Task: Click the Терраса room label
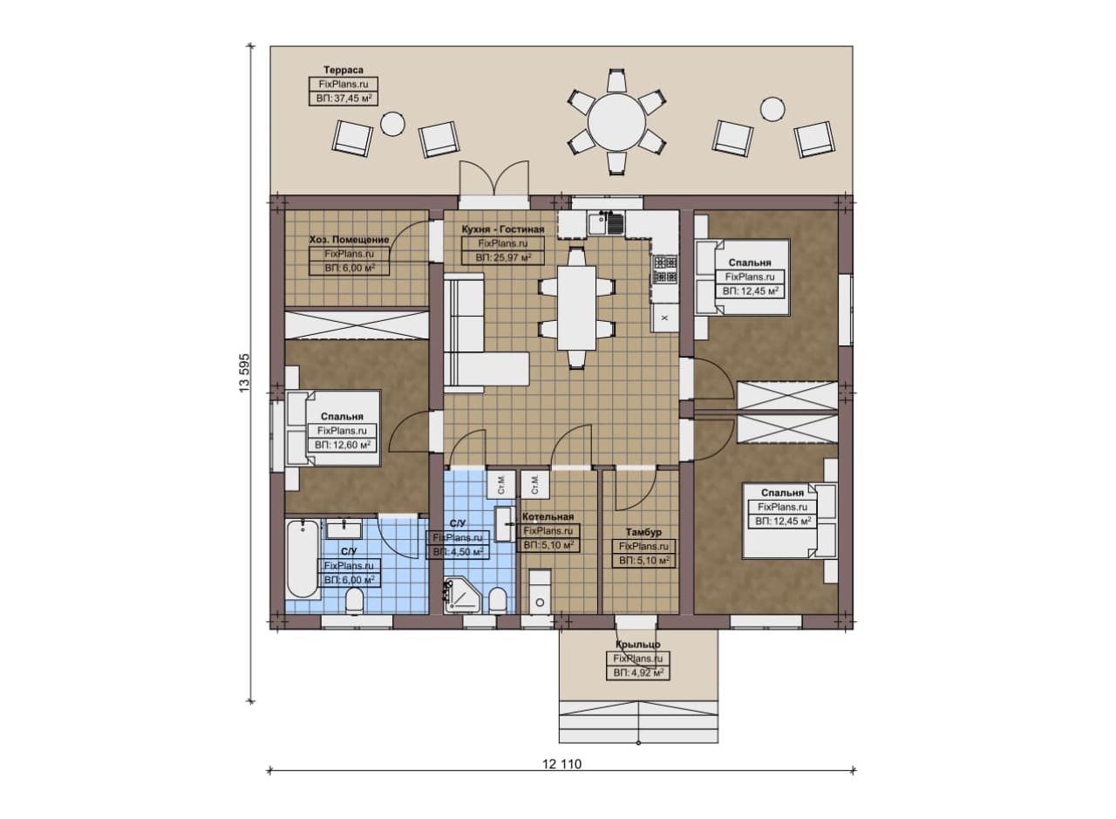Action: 344,70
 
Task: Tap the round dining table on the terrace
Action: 616,121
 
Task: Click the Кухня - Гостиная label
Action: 502,229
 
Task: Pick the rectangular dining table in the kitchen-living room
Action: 576,308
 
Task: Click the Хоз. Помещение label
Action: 349,239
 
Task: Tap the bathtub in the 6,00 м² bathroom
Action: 303,559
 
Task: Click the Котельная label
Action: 548,516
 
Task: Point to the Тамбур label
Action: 643,532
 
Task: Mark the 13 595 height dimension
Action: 244,372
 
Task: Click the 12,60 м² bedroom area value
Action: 349,445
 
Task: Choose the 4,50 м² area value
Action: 464,552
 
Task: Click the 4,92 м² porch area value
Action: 643,672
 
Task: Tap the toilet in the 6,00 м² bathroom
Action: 355,600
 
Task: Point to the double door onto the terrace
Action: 493,183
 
